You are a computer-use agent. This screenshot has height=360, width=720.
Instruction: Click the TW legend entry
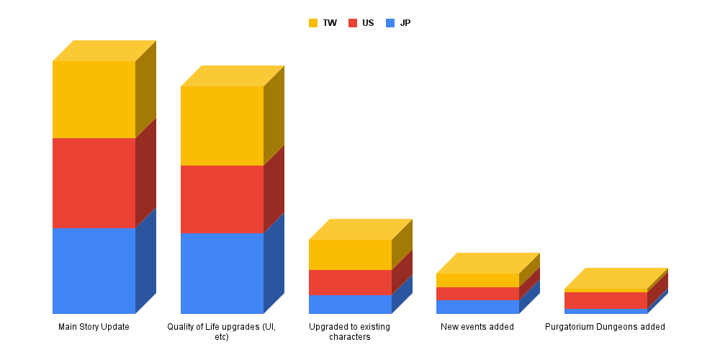tap(323, 23)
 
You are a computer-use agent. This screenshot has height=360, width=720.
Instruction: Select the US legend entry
tap(361, 23)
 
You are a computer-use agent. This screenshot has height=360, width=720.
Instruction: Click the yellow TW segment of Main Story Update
tap(94, 99)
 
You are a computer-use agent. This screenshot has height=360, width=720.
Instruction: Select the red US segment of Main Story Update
tap(94, 183)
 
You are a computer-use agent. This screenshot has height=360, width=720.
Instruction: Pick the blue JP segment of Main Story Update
tap(94, 271)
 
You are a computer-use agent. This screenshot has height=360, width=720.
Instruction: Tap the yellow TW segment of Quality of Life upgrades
tap(222, 125)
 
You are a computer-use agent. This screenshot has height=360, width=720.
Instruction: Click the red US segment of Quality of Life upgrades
tap(222, 199)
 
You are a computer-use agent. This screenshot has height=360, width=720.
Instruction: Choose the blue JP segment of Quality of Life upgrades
tap(222, 273)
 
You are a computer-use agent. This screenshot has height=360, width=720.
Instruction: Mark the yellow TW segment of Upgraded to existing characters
tap(350, 254)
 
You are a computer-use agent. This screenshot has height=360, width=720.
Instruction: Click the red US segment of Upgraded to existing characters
tap(350, 282)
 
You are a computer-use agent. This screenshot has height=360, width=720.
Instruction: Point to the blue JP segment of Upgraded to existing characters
tap(350, 304)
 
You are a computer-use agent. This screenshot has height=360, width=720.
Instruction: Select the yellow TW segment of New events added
tap(477, 280)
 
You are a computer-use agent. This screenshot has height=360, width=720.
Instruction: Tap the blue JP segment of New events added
tap(477, 307)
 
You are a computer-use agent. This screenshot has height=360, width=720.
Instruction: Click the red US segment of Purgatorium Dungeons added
tap(606, 300)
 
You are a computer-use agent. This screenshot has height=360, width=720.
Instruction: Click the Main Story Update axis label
tap(94, 327)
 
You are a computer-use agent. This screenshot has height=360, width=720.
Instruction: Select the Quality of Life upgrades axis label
tap(222, 331)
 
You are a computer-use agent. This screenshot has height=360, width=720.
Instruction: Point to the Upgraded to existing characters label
tap(350, 331)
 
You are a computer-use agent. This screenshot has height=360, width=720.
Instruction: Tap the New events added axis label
tap(477, 327)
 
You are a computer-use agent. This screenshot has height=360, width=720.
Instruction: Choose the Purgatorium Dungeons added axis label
tap(605, 327)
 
